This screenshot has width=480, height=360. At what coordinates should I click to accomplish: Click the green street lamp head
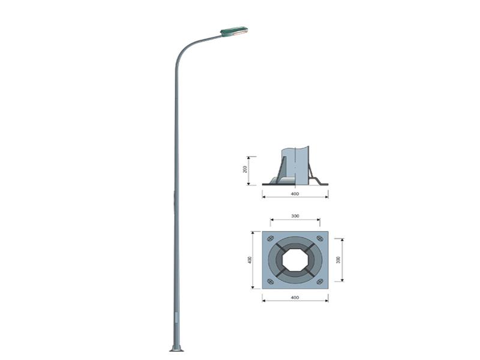tap(234, 31)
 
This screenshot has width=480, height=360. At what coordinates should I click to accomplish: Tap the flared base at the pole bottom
tap(176, 348)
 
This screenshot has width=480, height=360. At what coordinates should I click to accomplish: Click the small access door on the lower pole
tap(176, 317)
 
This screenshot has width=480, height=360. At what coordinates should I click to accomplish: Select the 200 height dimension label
tap(245, 170)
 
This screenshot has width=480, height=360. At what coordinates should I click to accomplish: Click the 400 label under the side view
tap(295, 194)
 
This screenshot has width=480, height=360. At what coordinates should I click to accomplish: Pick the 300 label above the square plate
tap(295, 216)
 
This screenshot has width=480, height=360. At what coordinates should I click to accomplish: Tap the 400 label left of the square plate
tap(250, 259)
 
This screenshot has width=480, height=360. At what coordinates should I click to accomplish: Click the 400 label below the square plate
tap(295, 298)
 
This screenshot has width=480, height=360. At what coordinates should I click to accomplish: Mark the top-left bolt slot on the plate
tap(270, 239)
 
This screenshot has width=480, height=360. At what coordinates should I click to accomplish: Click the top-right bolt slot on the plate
tap(320, 239)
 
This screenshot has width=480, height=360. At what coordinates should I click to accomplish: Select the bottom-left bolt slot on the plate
tap(270, 281)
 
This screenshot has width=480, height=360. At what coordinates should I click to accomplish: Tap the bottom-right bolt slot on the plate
tap(320, 281)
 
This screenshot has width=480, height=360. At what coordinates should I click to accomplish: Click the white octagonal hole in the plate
tap(295, 260)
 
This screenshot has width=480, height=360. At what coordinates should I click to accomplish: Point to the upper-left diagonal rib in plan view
tap(280, 245)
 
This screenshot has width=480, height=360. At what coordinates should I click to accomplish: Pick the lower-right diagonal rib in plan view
tap(310, 274)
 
